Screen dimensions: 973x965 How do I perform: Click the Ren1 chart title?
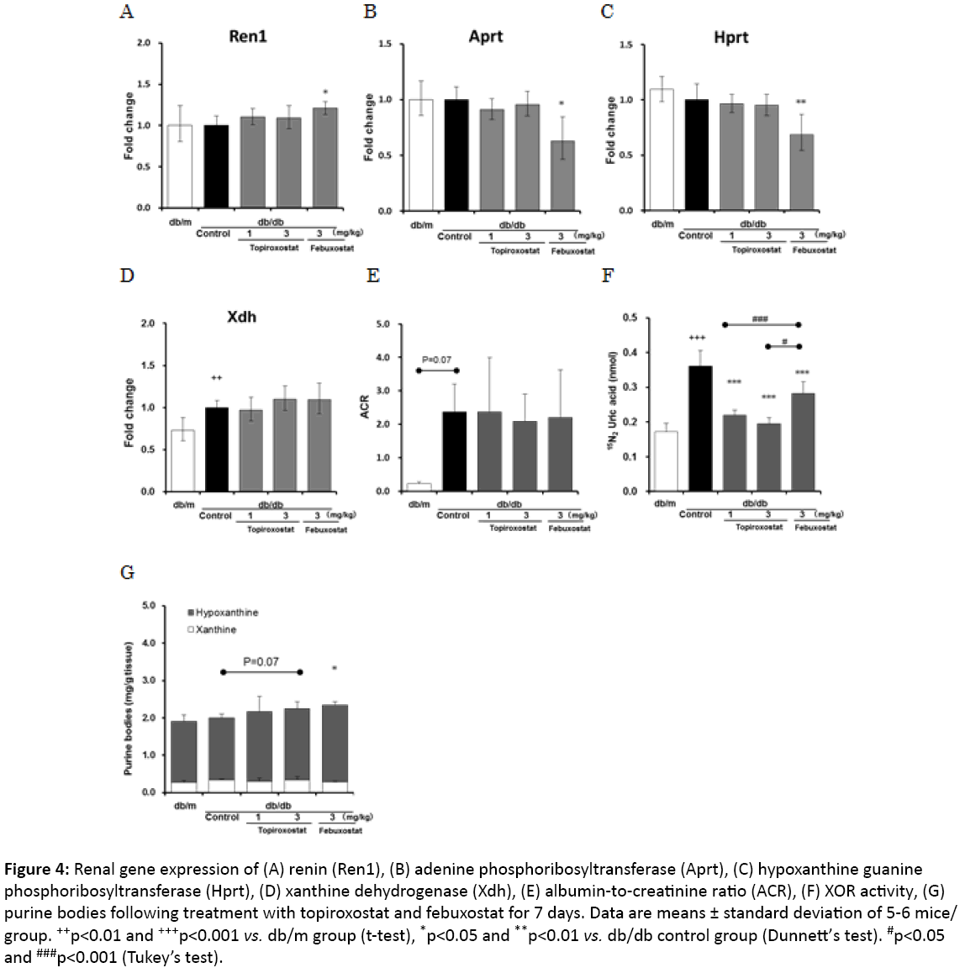coord(247,37)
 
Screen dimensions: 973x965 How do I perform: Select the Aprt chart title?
coord(486,37)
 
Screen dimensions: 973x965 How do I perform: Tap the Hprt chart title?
coord(730,37)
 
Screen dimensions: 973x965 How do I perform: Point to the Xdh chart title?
coord(242,317)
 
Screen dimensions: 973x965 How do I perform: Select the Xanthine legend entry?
coord(215,629)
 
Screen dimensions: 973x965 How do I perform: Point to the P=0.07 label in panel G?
coord(261,662)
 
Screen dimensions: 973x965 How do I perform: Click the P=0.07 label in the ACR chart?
coord(437,360)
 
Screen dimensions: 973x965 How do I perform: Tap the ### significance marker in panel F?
coord(760,318)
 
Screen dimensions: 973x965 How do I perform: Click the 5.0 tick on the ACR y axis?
coord(382,324)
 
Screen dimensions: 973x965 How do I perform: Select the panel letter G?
coord(127,573)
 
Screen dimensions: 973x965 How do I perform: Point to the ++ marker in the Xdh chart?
coord(216,378)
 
